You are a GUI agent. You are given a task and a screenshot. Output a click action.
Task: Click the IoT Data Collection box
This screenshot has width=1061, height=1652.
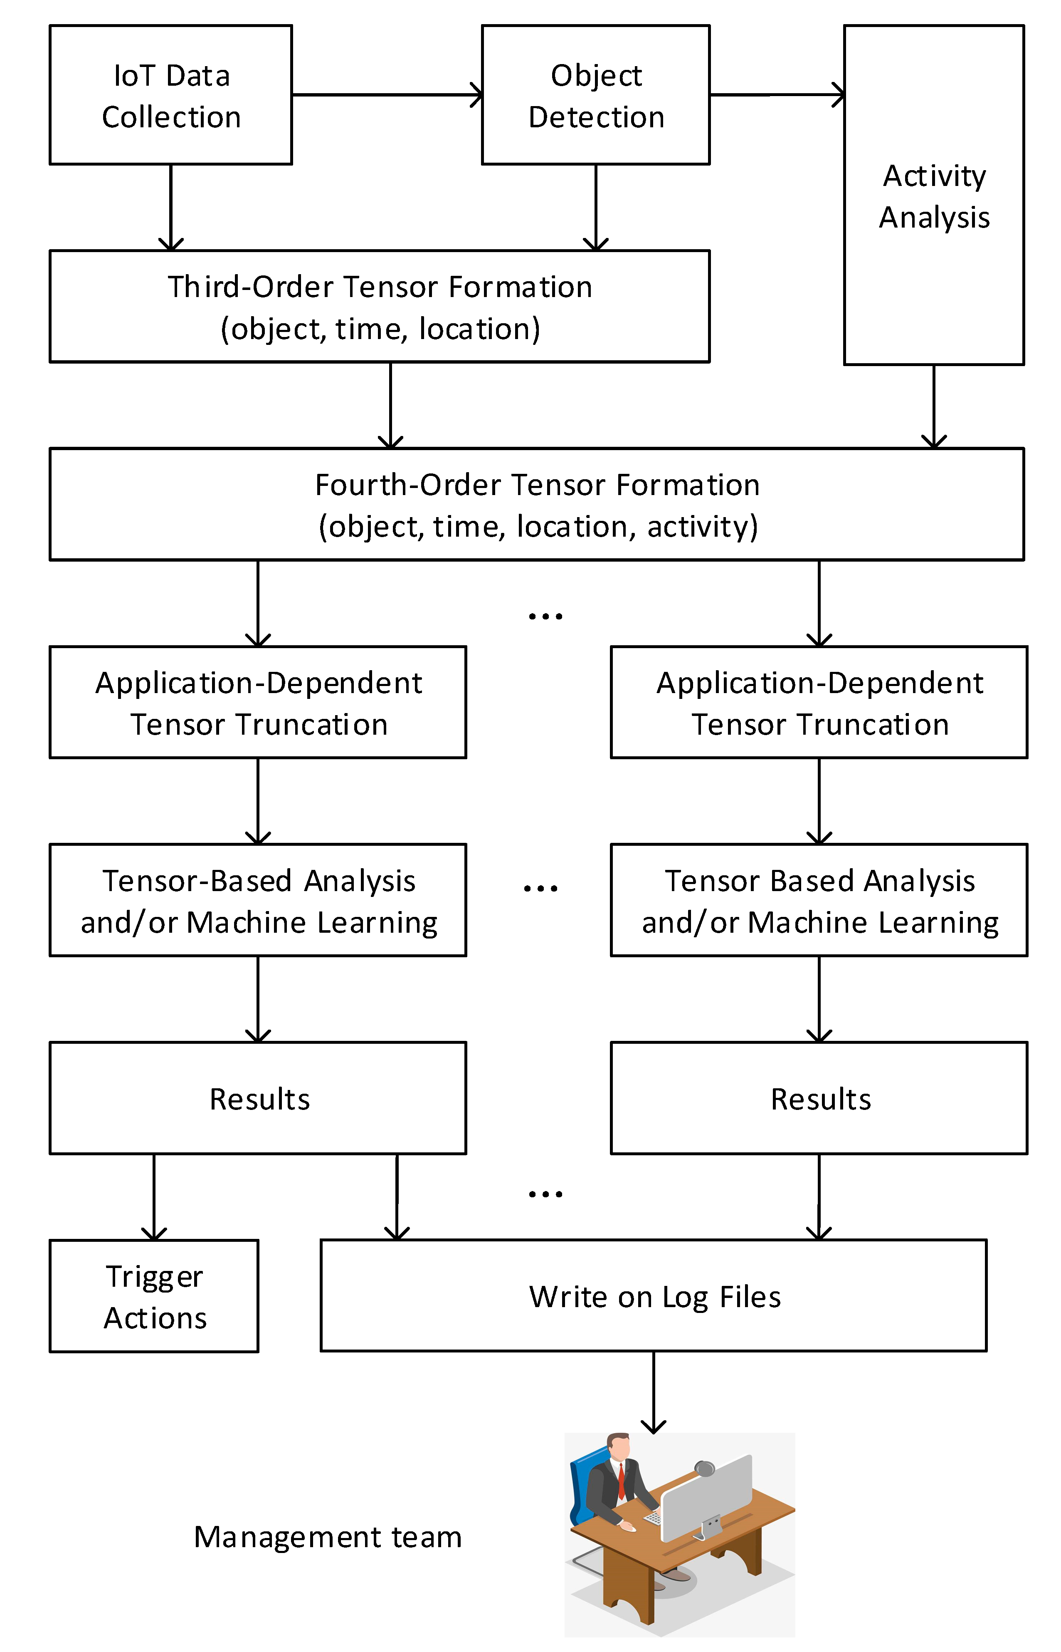171,95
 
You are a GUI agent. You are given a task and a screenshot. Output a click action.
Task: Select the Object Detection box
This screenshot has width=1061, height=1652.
595,95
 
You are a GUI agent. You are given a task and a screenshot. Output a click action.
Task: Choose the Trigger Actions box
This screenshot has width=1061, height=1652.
154,1296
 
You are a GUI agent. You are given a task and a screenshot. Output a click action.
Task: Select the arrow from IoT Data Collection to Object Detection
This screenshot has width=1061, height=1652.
386,95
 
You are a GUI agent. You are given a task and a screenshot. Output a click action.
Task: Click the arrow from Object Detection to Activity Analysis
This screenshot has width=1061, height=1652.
777,95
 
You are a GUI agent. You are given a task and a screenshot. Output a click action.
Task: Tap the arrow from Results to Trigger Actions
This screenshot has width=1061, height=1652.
154,1197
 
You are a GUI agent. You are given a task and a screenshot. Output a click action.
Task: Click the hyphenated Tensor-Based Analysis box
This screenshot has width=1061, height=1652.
258,900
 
